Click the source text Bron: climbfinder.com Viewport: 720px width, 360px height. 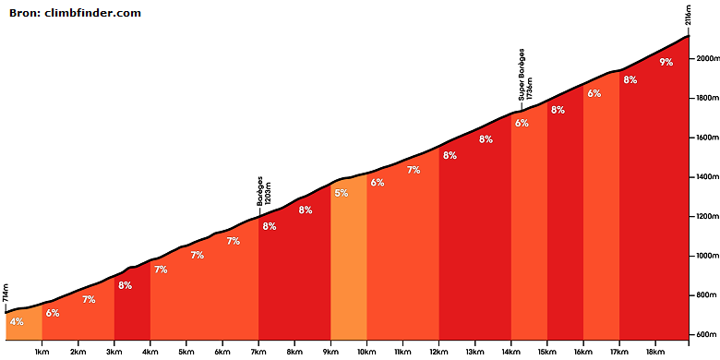[x=75, y=13]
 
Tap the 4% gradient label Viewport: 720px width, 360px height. [x=17, y=322]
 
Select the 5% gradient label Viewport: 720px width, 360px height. [x=342, y=193]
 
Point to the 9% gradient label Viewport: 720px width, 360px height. [x=666, y=62]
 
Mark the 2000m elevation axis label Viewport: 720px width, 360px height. [x=704, y=58]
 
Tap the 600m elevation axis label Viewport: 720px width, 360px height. [x=704, y=334]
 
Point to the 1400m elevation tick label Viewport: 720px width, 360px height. [x=704, y=177]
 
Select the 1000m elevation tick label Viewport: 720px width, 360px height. [x=704, y=256]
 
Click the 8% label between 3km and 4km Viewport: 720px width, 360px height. [x=125, y=285]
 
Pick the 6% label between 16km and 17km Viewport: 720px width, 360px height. [x=594, y=93]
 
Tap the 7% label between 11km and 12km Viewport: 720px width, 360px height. [x=414, y=170]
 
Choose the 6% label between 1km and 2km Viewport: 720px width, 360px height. [x=53, y=313]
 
